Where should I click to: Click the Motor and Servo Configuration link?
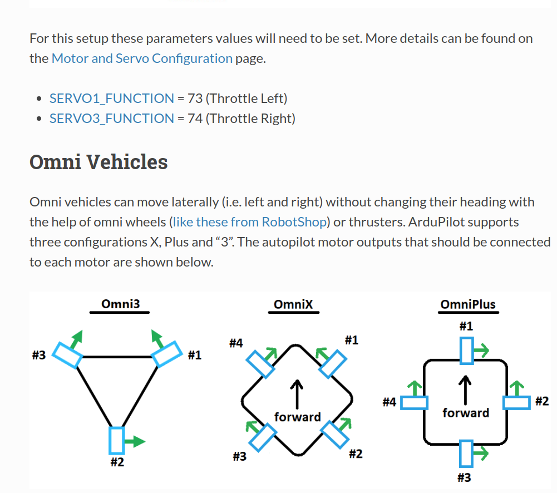(142, 58)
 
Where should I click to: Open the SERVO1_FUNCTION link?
(112, 98)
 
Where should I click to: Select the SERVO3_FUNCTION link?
(112, 119)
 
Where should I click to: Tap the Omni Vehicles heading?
(98, 162)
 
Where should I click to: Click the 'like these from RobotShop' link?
(250, 222)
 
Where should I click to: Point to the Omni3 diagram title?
(120, 304)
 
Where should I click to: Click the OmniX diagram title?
(293, 304)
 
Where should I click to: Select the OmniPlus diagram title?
(467, 304)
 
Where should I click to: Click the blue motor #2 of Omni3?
(117, 440)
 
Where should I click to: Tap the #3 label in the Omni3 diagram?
(38, 356)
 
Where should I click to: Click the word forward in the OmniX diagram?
(298, 417)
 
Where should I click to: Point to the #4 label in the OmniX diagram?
(236, 343)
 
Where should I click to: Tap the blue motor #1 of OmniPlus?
(466, 351)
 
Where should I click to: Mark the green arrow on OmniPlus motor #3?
(481, 454)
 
